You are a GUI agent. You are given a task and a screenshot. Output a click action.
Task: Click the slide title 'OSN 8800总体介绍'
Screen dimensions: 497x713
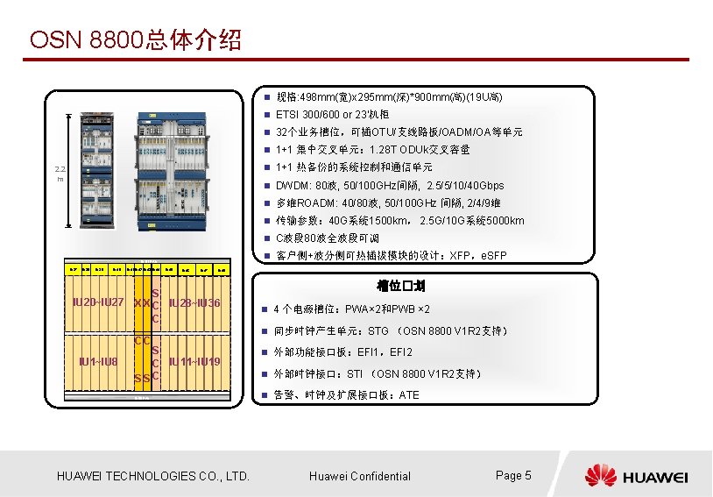136,40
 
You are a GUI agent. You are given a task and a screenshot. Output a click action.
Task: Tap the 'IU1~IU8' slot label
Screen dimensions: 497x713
97,361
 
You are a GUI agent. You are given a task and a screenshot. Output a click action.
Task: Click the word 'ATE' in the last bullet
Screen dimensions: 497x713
409,395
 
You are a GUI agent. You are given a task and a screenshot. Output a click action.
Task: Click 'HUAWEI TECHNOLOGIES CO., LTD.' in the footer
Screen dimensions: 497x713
153,476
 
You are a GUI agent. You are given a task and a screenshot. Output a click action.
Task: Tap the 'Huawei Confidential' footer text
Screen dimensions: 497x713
360,476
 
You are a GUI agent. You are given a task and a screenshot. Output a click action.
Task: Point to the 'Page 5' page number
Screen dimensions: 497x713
513,475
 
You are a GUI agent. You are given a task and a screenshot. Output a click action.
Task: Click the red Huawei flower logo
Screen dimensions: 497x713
601,476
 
